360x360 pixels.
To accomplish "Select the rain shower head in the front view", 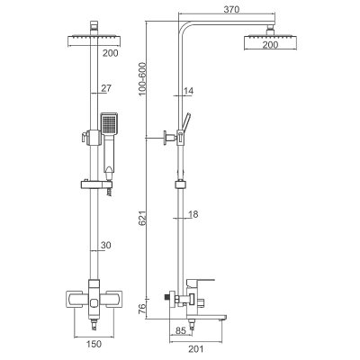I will pyautogui.click(x=94, y=39).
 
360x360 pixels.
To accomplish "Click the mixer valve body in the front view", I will pyautogui.click(x=94, y=298).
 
